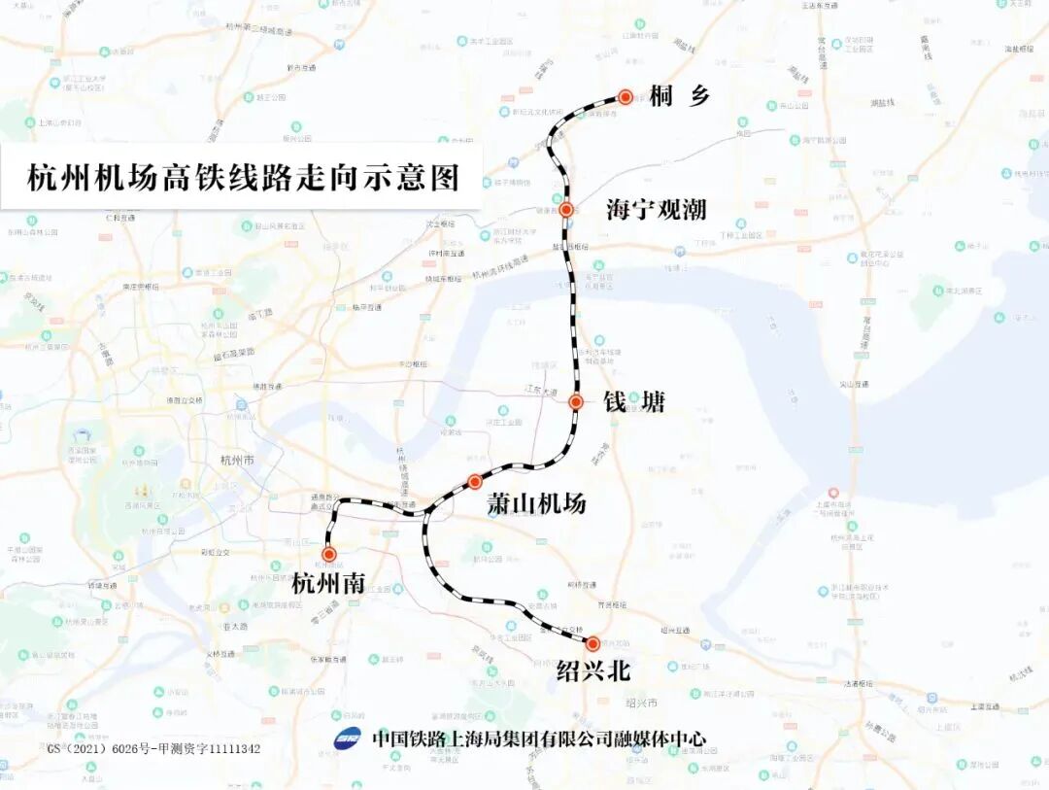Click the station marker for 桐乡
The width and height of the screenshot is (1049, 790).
(626, 97)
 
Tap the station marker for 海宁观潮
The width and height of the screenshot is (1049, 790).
(565, 209)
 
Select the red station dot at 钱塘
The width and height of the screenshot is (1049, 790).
(575, 401)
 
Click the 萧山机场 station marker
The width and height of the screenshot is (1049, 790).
(474, 481)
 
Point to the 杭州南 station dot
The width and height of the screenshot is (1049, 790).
(329, 554)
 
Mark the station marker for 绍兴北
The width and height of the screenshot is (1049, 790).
(592, 643)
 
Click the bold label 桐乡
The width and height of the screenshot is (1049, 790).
(681, 95)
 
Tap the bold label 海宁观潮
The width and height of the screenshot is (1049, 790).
(656, 209)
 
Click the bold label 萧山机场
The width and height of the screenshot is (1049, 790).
(536, 504)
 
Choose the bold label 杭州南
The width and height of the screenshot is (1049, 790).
(328, 583)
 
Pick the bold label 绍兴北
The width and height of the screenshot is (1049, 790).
(592, 670)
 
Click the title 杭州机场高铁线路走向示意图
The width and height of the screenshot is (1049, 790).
(242, 178)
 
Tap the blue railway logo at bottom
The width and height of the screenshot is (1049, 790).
(347, 738)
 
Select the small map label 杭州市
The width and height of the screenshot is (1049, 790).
(237, 460)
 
